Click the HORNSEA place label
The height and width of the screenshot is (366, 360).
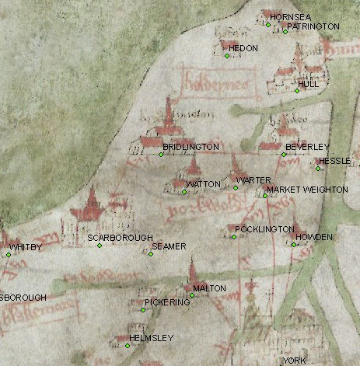[x=285, y=16]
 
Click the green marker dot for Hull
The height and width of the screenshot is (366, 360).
[x=296, y=92]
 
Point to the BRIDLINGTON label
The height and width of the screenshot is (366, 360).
[x=190, y=147]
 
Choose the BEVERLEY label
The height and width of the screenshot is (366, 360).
[x=307, y=147]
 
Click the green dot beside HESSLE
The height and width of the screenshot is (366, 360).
[x=318, y=168]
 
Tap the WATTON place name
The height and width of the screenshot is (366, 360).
[x=204, y=184]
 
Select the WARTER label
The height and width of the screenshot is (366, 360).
[x=253, y=180]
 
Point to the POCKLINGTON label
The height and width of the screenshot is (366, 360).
[x=264, y=229]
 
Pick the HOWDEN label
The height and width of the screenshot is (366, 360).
[x=314, y=236]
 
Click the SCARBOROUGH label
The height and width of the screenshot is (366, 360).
[x=120, y=237]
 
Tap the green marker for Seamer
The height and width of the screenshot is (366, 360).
[x=150, y=253]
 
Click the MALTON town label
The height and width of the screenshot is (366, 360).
[x=209, y=288]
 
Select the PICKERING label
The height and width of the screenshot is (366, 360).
[x=167, y=302]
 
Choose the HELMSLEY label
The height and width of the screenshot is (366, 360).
[x=152, y=338]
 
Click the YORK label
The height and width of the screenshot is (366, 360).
[x=295, y=361]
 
